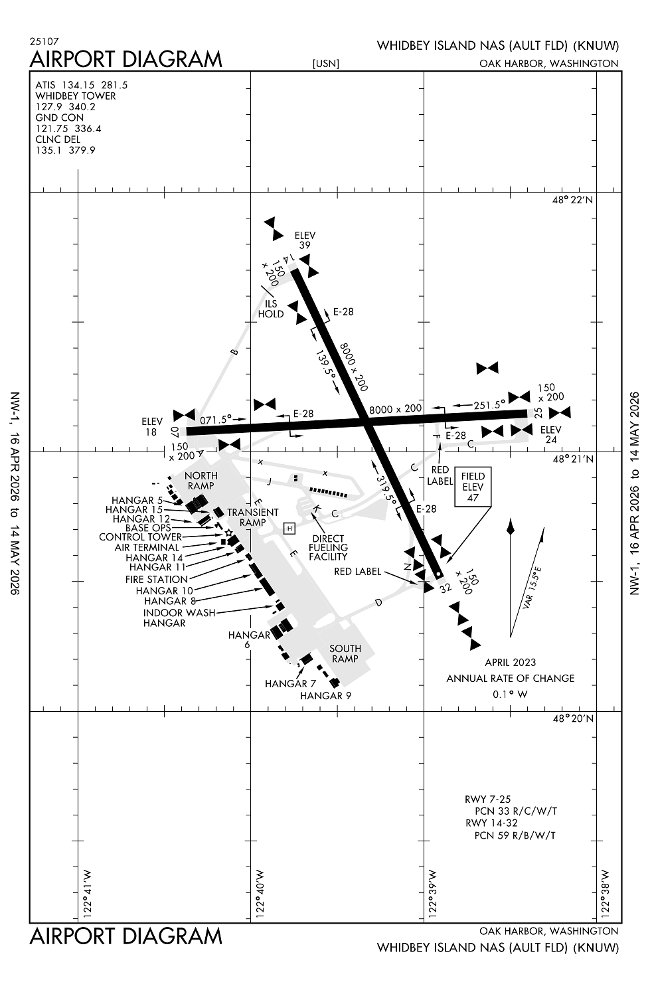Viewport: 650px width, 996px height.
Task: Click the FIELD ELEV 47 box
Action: [x=473, y=487]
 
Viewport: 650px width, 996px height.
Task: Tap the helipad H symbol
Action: [x=289, y=528]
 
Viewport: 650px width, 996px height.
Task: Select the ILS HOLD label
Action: [x=271, y=309]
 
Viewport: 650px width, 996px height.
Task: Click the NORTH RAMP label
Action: [x=201, y=481]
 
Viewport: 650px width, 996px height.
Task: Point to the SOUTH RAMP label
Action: [x=345, y=653]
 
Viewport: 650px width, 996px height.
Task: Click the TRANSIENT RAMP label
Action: [x=253, y=517]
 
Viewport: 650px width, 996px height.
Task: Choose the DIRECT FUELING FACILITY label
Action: [x=328, y=547]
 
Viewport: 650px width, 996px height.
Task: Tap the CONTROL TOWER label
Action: [x=140, y=537]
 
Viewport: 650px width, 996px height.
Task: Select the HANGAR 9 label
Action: [x=325, y=695]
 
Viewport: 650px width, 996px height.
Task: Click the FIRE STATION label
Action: [x=157, y=579]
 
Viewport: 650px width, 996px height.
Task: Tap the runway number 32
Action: [x=445, y=587]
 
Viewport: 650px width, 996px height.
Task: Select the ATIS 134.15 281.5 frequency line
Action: [x=82, y=85]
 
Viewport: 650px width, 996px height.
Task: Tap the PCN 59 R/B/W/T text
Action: [x=515, y=835]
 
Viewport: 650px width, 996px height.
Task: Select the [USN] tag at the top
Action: [x=325, y=64]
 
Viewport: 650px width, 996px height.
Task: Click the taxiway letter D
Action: [x=379, y=602]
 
